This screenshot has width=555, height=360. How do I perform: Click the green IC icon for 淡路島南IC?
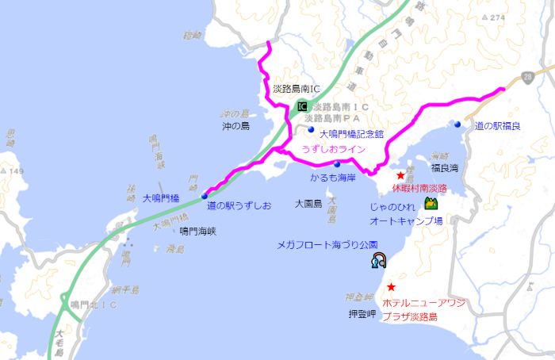pyautogui.click(x=301, y=106)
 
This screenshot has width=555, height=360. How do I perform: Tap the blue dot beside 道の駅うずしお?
pyautogui.click(x=205, y=195)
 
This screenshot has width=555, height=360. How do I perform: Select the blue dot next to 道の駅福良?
pyautogui.click(x=458, y=124)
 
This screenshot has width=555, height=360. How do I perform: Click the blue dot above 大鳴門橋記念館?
pyautogui.click(x=312, y=129)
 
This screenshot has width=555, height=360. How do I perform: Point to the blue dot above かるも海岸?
pyautogui.click(x=337, y=163)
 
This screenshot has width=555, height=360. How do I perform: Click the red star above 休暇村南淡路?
pyautogui.click(x=401, y=175)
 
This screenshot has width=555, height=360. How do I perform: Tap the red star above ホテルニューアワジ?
pyautogui.click(x=391, y=287)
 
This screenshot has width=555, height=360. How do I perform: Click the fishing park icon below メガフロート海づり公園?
pyautogui.click(x=380, y=261)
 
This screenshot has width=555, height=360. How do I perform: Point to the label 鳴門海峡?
pyautogui.click(x=198, y=231)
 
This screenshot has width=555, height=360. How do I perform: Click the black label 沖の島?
pyautogui.click(x=235, y=126)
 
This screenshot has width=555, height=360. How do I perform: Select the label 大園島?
pyautogui.click(x=308, y=204)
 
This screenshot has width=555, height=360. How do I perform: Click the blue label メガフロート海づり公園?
pyautogui.click(x=327, y=245)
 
